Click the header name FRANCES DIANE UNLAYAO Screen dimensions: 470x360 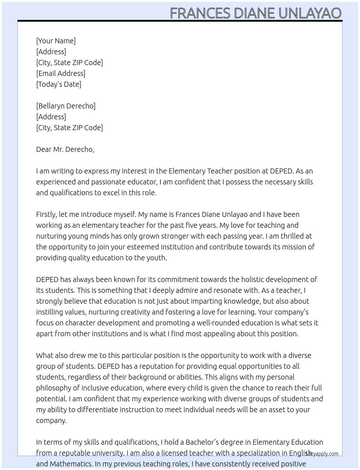pyautogui.click(x=256, y=13)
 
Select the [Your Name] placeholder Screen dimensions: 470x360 pyautogui.click(x=56, y=41)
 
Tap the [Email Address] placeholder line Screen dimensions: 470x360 pyautogui.click(x=61, y=73)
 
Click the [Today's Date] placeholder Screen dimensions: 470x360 pyautogui.click(x=59, y=84)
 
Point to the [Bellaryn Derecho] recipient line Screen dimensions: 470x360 pyautogui.click(x=66, y=106)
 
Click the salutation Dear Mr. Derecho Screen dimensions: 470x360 pyautogui.click(x=65, y=149)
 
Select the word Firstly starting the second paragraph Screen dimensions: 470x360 pyautogui.click(x=47, y=214)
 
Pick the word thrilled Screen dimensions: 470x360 pyautogui.click(x=291, y=236)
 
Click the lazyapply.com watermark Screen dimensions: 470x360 pyautogui.click(x=322, y=454)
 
